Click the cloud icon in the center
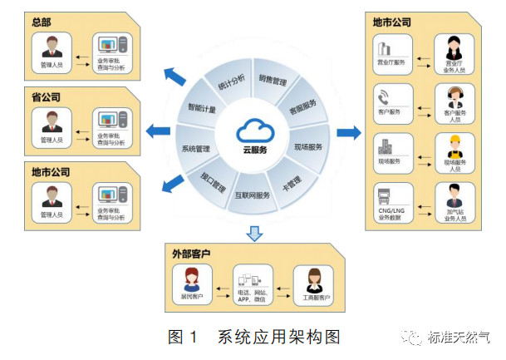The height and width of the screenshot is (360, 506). (x=253, y=129)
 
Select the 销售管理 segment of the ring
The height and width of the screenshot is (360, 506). (x=274, y=82)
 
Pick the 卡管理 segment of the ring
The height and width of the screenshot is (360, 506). (x=287, y=179)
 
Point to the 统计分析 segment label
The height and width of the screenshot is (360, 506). (x=228, y=84)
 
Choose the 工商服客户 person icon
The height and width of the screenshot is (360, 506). (x=313, y=279)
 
